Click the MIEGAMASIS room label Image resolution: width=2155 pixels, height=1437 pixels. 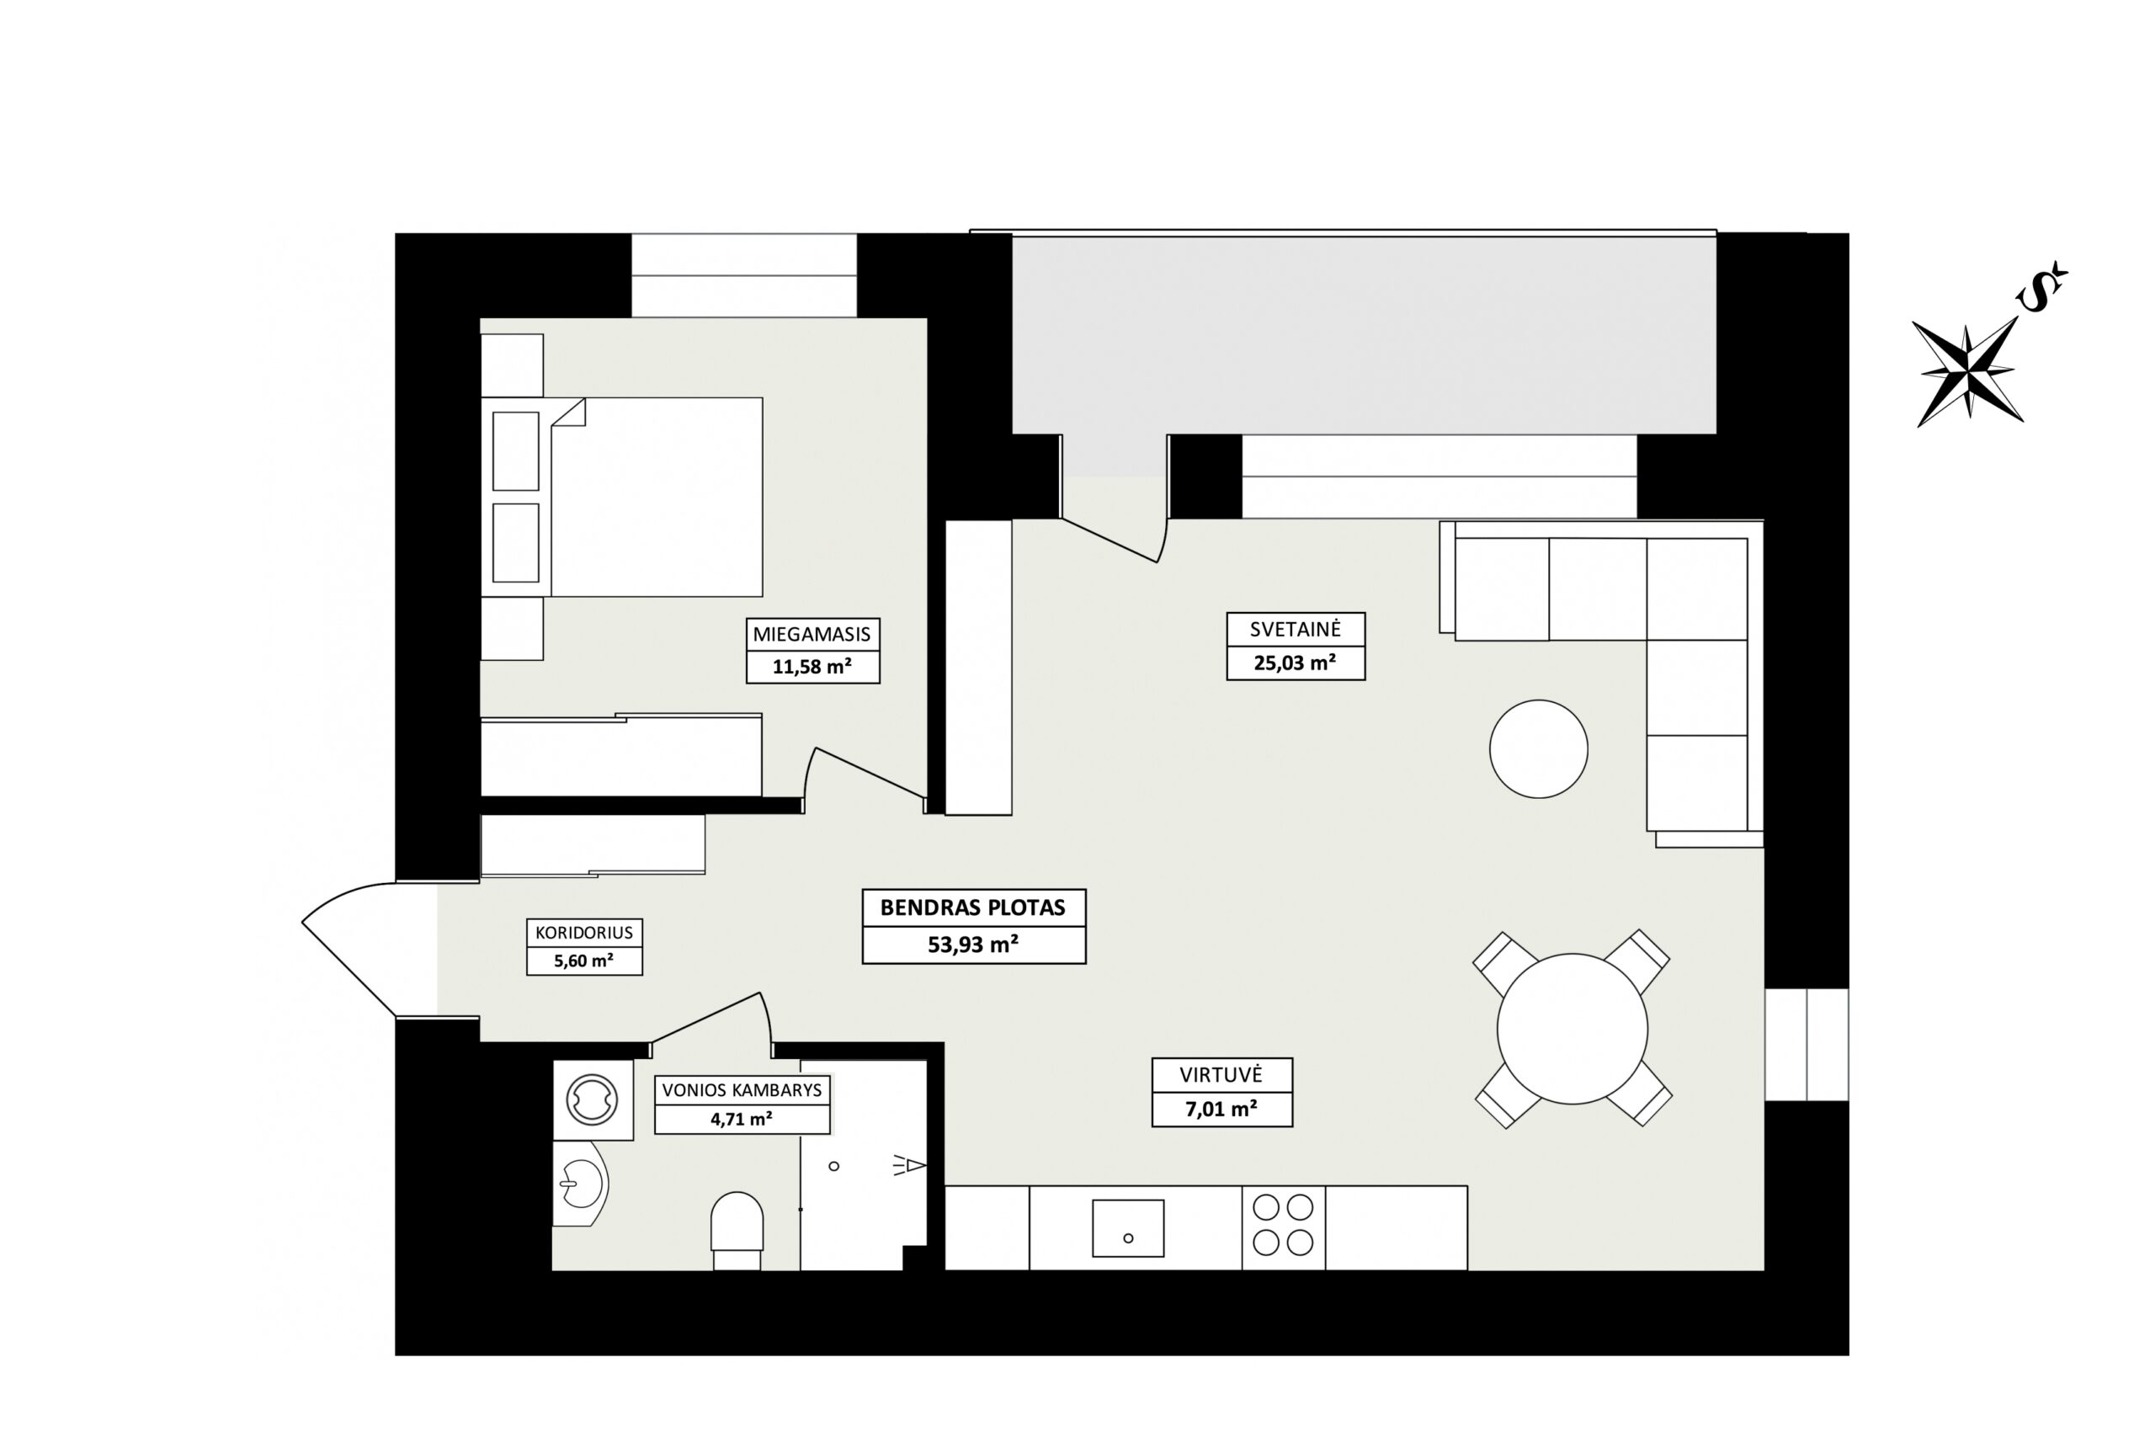pyautogui.click(x=811, y=634)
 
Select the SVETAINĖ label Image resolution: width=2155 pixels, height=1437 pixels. pyautogui.click(x=1295, y=630)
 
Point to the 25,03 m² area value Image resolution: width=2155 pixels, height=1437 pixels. pyautogui.click(x=1295, y=663)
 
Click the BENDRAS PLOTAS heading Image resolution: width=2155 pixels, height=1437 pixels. pyautogui.click(x=973, y=908)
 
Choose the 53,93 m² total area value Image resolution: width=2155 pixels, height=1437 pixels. pyautogui.click(x=973, y=944)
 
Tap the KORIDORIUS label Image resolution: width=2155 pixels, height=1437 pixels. pyautogui.click(x=584, y=933)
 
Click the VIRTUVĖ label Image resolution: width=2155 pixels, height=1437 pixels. pyautogui.click(x=1221, y=1075)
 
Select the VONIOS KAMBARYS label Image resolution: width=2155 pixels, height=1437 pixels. pyautogui.click(x=742, y=1089)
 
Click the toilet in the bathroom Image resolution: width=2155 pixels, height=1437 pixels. pyautogui.click(x=737, y=1231)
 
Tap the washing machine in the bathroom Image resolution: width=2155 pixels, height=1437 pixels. pyautogui.click(x=593, y=1099)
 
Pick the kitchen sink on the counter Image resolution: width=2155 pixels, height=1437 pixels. pyautogui.click(x=1128, y=1228)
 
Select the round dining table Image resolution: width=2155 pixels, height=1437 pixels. pyautogui.click(x=1572, y=1028)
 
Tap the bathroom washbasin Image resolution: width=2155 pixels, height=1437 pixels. pyautogui.click(x=580, y=1184)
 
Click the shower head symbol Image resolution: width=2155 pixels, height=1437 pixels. pyautogui.click(x=910, y=1166)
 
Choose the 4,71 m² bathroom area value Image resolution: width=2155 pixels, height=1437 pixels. pyautogui.click(x=742, y=1119)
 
